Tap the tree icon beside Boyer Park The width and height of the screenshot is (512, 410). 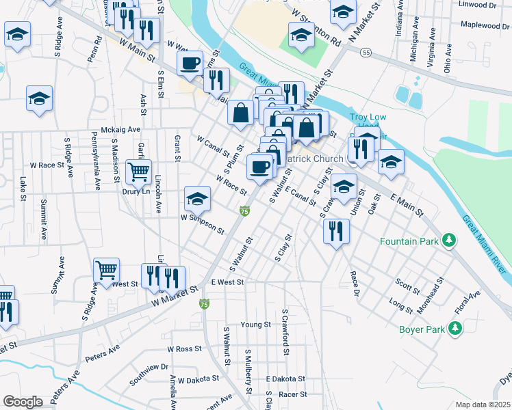454,329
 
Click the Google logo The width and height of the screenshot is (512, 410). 23,402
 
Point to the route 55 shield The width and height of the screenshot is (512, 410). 367,53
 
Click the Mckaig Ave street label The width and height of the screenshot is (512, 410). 120,129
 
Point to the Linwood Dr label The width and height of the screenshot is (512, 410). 478,5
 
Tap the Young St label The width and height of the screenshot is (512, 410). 256,324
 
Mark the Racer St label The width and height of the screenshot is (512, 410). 292,394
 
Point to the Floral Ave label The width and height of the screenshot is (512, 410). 470,301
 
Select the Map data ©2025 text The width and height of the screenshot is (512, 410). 482,405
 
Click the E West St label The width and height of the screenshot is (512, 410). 228,282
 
